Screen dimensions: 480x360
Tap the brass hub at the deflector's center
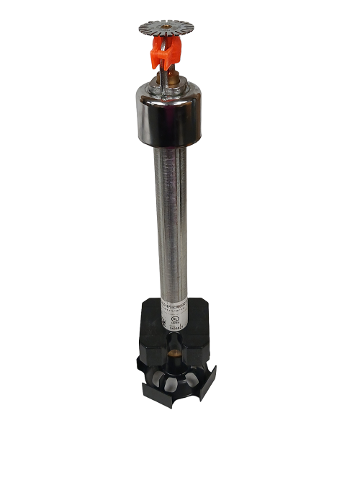(x=167, y=28)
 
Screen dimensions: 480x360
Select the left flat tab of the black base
(x=148, y=379)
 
